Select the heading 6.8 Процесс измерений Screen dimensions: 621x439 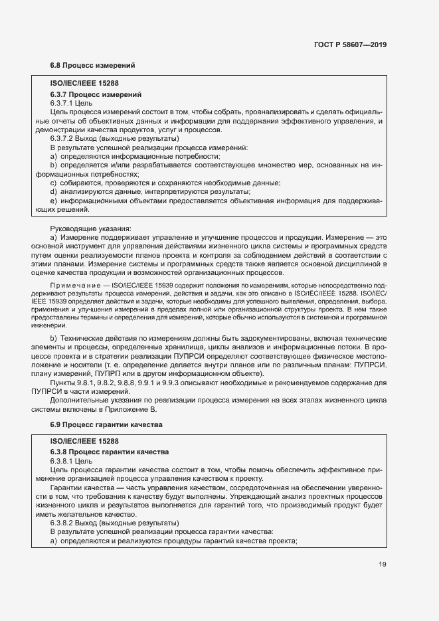(x=93, y=66)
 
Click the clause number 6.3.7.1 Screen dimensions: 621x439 (x=62, y=104)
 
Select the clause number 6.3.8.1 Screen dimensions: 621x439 (x=62, y=461)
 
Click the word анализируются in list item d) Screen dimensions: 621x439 (x=87, y=191)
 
